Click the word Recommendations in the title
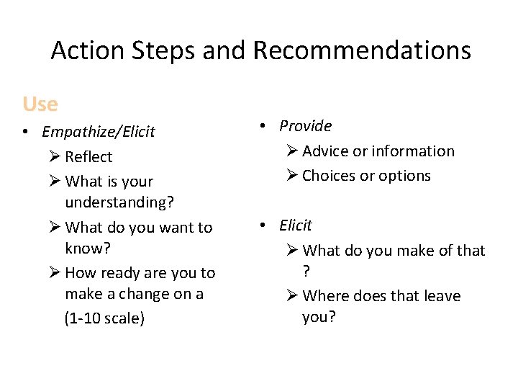tap(362, 50)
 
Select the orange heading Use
tap(40, 104)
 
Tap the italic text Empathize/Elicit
tap(98, 132)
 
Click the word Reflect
tap(88, 157)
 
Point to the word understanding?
tap(119, 202)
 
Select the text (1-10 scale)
tap(104, 318)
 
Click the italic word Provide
tap(305, 126)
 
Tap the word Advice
tap(325, 151)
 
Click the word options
tap(406, 176)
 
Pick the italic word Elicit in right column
tap(296, 225)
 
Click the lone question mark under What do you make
tap(306, 271)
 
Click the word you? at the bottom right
tap(319, 318)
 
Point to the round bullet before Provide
tap(264, 127)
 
